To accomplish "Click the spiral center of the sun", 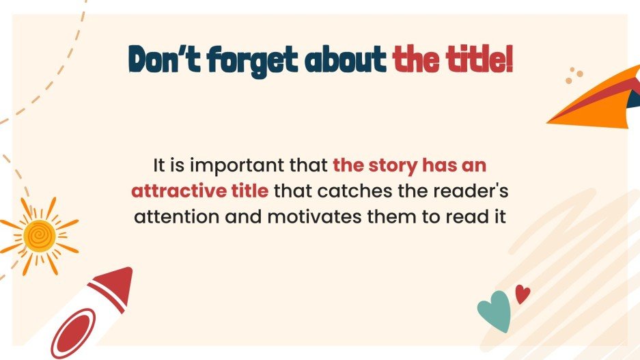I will tap(38, 234).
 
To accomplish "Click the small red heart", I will tap(523, 294).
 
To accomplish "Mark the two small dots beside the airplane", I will tap(574, 76).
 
